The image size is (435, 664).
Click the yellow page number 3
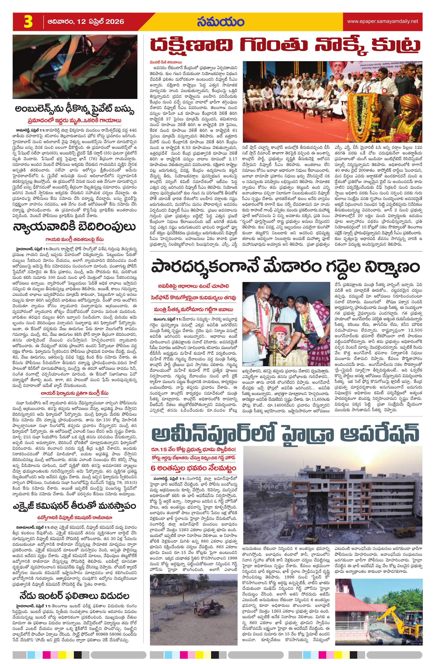point(28,22)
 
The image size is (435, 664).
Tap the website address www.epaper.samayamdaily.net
point(382,21)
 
